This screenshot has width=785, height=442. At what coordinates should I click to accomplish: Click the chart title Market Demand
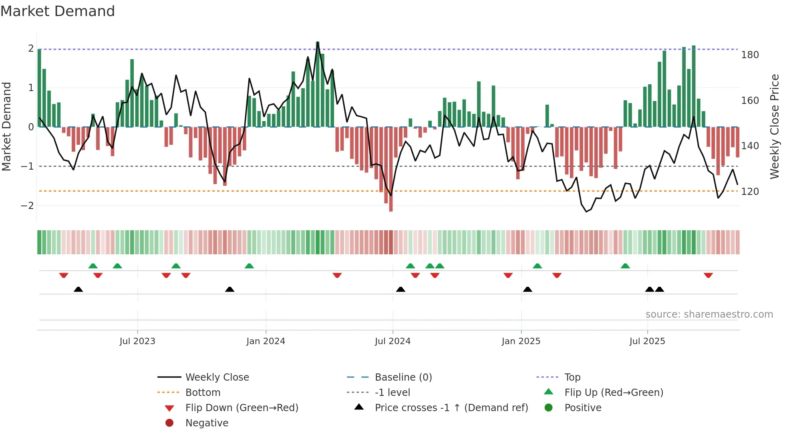(x=58, y=11)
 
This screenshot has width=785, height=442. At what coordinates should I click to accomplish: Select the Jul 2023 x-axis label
(x=137, y=341)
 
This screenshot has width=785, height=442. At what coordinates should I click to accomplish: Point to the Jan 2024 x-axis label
(x=266, y=341)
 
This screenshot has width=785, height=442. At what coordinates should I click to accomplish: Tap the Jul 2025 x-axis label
(x=647, y=341)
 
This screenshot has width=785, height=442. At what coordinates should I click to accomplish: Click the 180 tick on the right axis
(x=750, y=55)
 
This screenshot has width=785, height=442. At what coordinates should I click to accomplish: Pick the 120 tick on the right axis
(x=750, y=192)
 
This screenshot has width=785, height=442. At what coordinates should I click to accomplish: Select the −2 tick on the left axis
(x=27, y=206)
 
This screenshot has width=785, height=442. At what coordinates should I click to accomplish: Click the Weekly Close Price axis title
(x=775, y=126)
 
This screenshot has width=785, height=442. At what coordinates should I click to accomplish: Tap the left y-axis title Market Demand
(x=7, y=126)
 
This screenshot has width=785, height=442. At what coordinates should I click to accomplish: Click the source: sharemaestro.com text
(x=709, y=314)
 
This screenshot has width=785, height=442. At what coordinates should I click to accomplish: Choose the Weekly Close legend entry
(x=217, y=377)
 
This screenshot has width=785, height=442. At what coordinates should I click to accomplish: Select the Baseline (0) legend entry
(x=403, y=377)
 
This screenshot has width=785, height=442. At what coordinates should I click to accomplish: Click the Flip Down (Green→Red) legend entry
(x=242, y=408)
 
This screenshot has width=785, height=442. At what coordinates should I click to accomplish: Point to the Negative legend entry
(x=207, y=423)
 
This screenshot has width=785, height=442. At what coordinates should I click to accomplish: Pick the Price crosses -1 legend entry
(x=451, y=408)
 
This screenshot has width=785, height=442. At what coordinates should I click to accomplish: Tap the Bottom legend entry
(x=203, y=393)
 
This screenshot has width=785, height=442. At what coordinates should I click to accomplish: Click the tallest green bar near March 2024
(x=318, y=84)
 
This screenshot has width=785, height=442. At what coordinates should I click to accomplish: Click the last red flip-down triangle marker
(x=708, y=275)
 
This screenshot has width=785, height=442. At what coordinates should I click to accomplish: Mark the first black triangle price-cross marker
(x=78, y=289)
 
